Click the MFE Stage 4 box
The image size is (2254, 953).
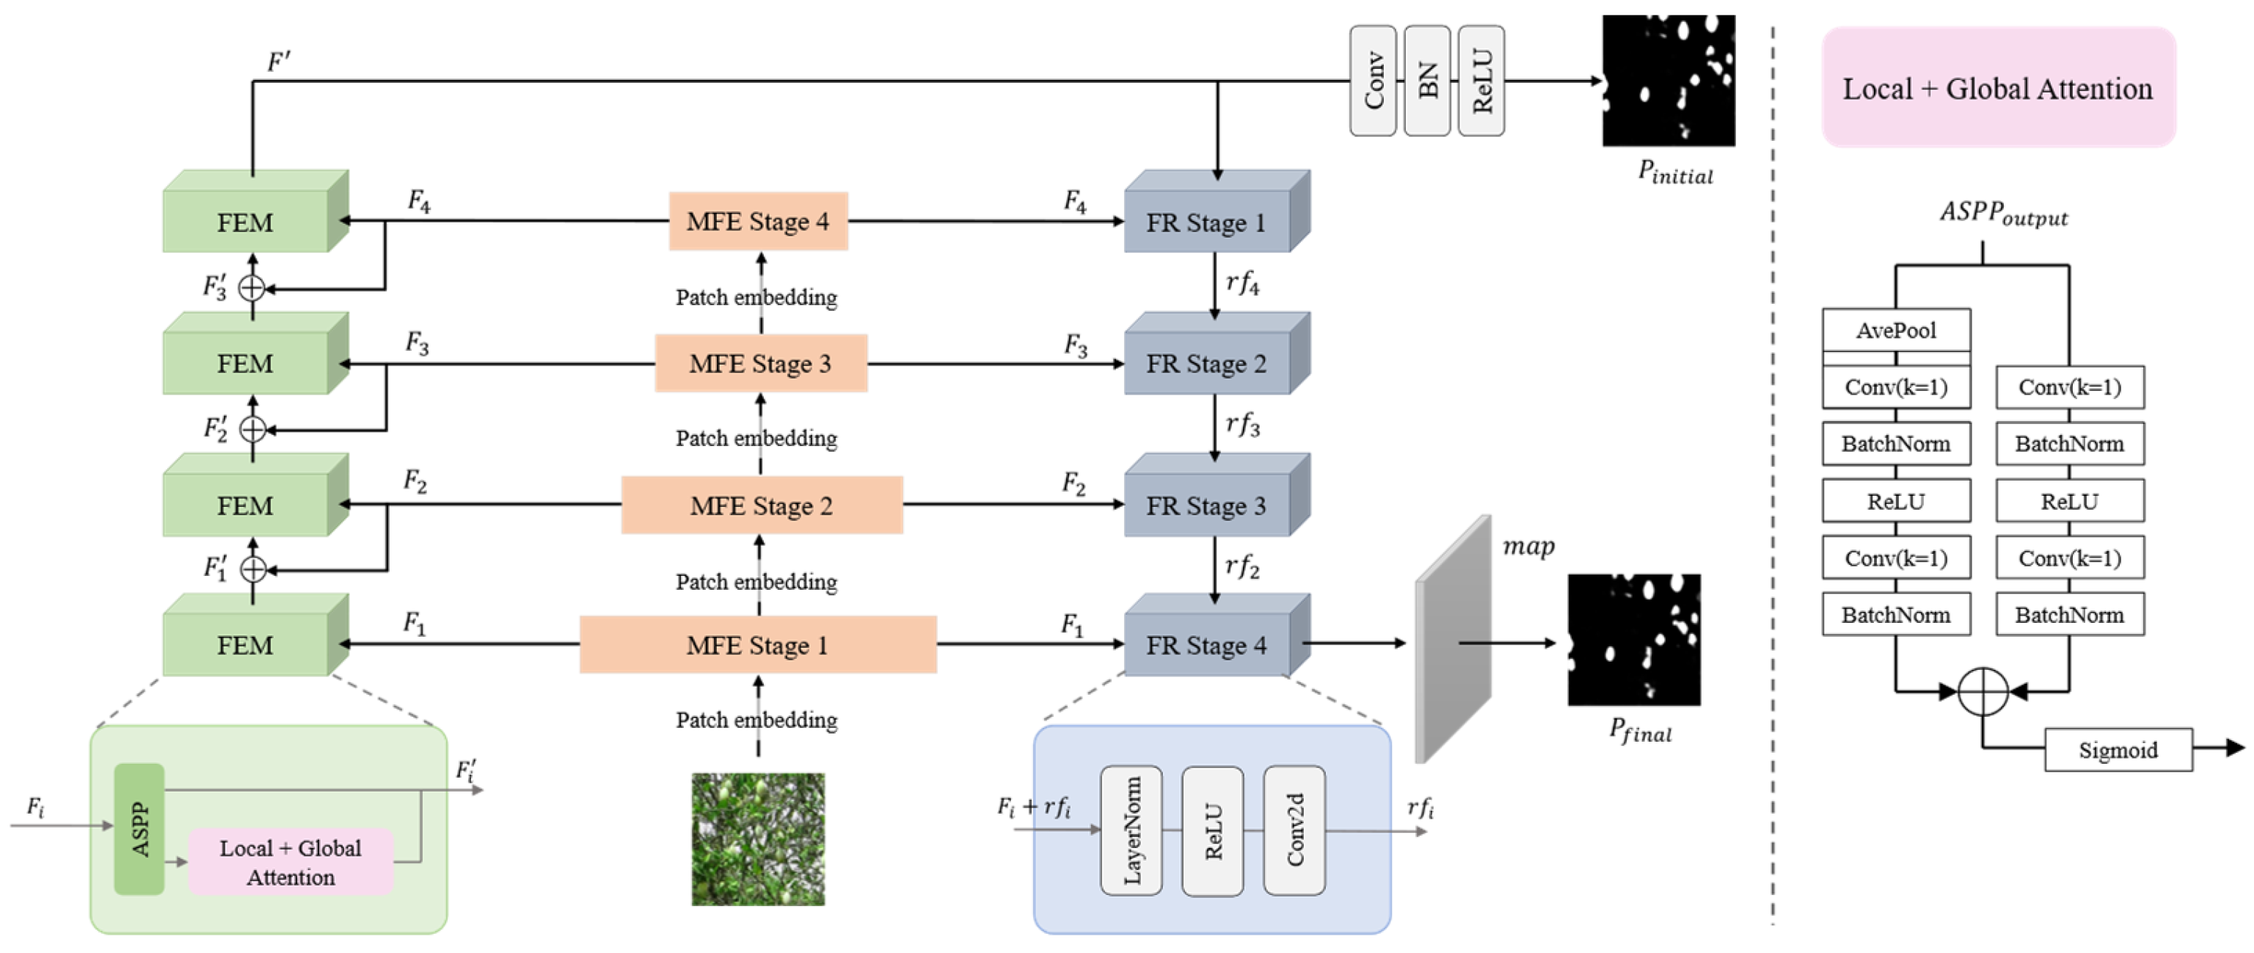pyautogui.click(x=758, y=222)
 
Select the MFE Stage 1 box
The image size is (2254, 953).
pyautogui.click(x=758, y=645)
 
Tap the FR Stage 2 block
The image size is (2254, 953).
pyautogui.click(x=1208, y=363)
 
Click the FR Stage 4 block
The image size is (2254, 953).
pyautogui.click(x=1208, y=645)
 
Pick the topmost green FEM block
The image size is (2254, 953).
pyautogui.click(x=246, y=222)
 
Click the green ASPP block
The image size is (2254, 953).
pyautogui.click(x=139, y=829)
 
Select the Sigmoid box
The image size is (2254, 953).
pyautogui.click(x=2118, y=750)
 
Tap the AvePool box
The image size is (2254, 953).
pyautogui.click(x=1896, y=331)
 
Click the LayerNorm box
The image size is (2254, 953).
pyautogui.click(x=1131, y=830)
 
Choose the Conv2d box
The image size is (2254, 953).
pyautogui.click(x=1294, y=830)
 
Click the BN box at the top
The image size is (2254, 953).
pyautogui.click(x=1427, y=81)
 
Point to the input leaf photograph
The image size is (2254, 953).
pyautogui.click(x=758, y=839)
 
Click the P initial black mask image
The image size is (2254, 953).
pyautogui.click(x=1668, y=81)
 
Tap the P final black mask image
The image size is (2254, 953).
pyautogui.click(x=1633, y=640)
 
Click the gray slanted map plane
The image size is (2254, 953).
pyautogui.click(x=1453, y=639)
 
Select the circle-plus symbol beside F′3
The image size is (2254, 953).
pyautogui.click(x=252, y=287)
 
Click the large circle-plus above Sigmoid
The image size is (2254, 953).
pyautogui.click(x=1983, y=691)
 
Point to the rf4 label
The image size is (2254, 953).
pyautogui.click(x=1242, y=282)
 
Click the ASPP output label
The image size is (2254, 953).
pyautogui.click(x=2004, y=213)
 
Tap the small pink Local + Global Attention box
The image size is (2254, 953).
pyautogui.click(x=291, y=862)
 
